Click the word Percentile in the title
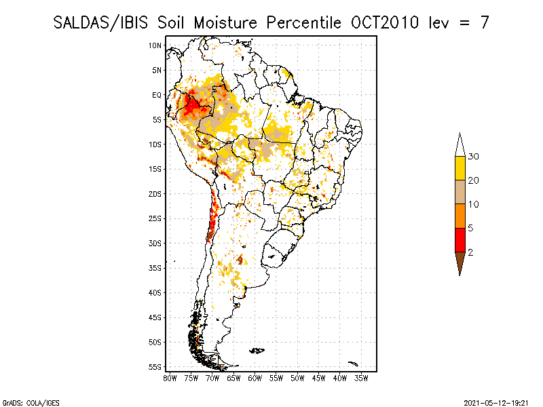click(x=301, y=22)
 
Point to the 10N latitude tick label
click(x=155, y=45)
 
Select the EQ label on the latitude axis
click(x=156, y=95)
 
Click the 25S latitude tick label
click(x=155, y=218)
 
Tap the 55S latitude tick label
click(x=155, y=366)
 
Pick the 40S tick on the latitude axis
click(x=155, y=292)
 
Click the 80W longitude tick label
click(x=170, y=378)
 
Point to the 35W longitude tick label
click(x=362, y=378)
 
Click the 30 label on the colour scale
click(x=474, y=157)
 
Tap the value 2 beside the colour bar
click(x=470, y=252)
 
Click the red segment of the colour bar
click(x=460, y=240)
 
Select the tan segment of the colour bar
click(x=460, y=192)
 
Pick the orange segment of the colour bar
click(x=460, y=216)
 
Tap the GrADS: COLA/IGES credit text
click(x=22, y=402)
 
